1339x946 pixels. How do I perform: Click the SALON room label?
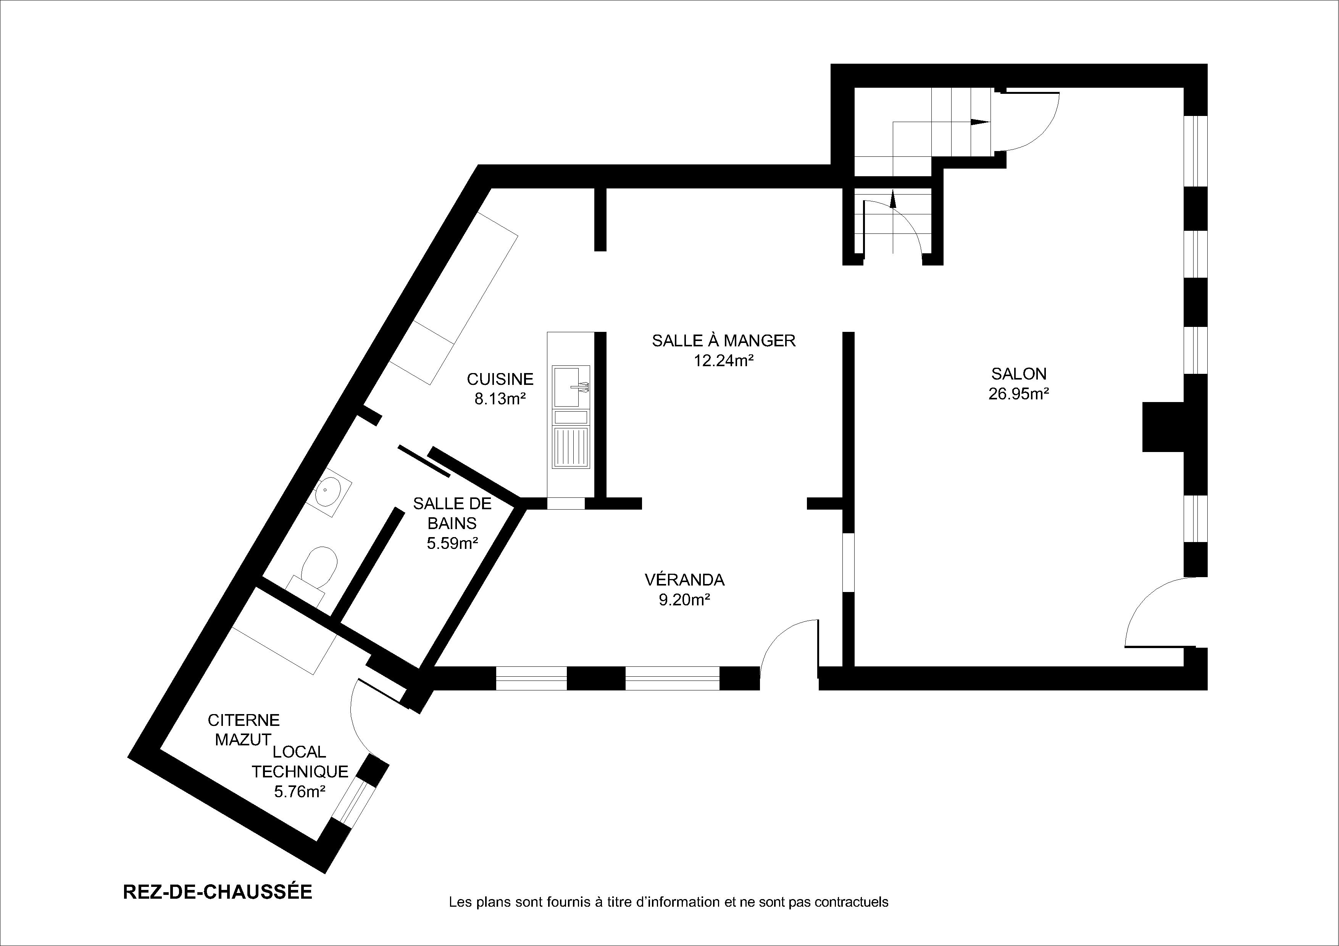coord(1019,373)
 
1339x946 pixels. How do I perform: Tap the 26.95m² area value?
coord(1019,394)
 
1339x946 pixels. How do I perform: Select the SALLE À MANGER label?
coord(724,340)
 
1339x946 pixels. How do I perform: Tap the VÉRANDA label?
coord(685,579)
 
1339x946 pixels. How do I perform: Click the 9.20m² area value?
coord(685,600)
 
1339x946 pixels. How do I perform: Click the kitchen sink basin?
coord(566,386)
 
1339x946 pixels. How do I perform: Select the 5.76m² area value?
coord(300,792)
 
